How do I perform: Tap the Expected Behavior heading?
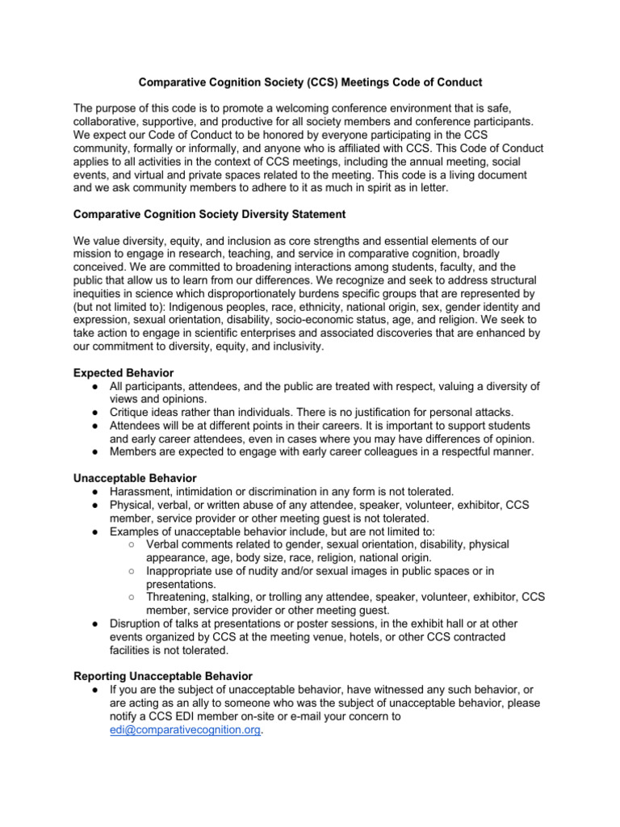[123, 373]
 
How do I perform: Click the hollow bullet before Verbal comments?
[131, 544]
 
